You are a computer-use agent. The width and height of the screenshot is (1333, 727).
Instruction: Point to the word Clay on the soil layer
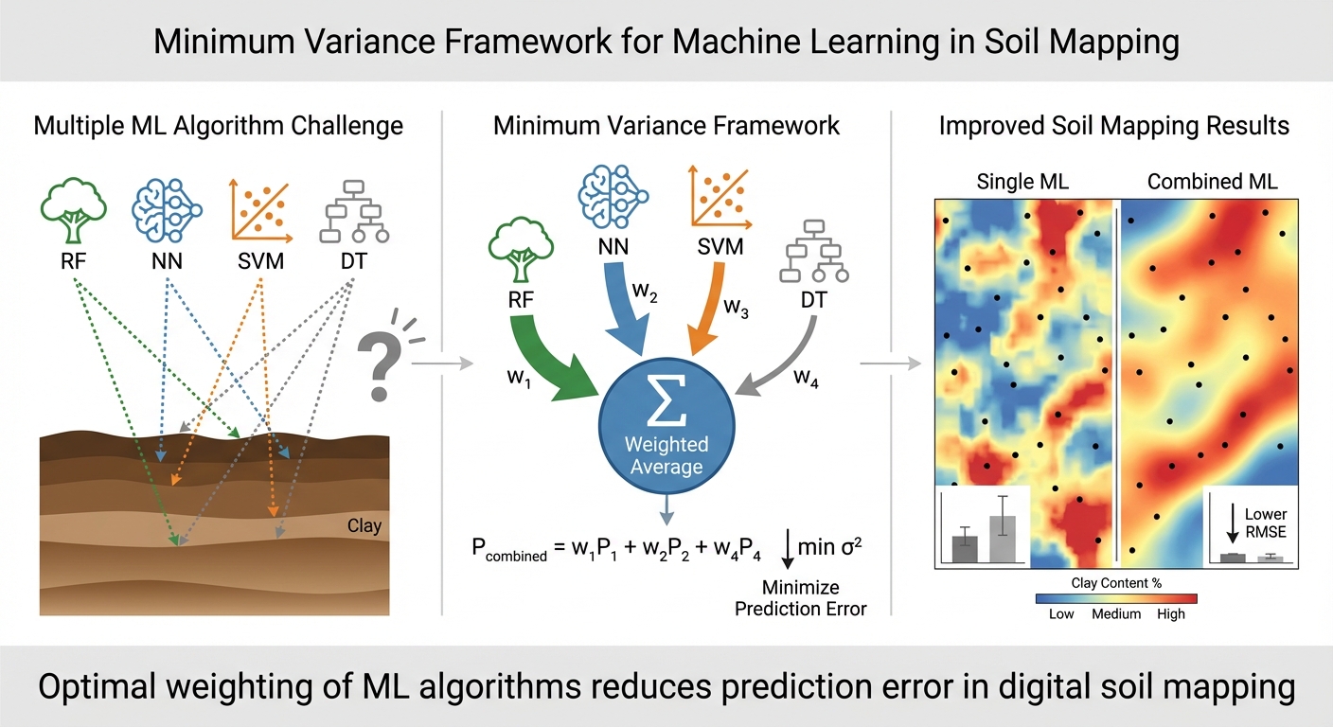coord(364,525)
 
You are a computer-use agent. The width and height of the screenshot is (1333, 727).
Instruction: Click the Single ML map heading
coord(1022,182)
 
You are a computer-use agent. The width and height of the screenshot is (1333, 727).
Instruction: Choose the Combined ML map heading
coord(1212,182)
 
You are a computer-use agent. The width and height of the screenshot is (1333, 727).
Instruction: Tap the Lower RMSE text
coord(1266,523)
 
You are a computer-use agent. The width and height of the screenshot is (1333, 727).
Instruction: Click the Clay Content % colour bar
coord(1116,598)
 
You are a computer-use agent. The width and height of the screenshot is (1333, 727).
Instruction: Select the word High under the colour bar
coord(1171,614)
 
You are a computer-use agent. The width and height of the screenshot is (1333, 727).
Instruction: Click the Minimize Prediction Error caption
coord(800,598)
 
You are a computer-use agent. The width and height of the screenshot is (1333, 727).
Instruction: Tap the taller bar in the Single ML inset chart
coord(1003,537)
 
